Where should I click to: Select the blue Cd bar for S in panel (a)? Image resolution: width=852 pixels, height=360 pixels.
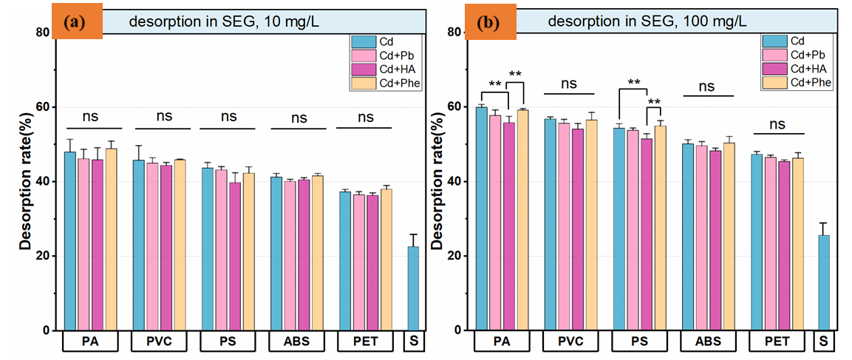[x=414, y=288]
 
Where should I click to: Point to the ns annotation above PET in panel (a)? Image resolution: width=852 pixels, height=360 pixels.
[x=366, y=117]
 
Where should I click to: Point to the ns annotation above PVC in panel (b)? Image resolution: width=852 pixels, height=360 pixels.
[x=568, y=84]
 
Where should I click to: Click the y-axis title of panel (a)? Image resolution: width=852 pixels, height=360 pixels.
[x=25, y=181]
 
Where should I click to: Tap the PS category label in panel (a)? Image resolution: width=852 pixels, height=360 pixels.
[x=229, y=342]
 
